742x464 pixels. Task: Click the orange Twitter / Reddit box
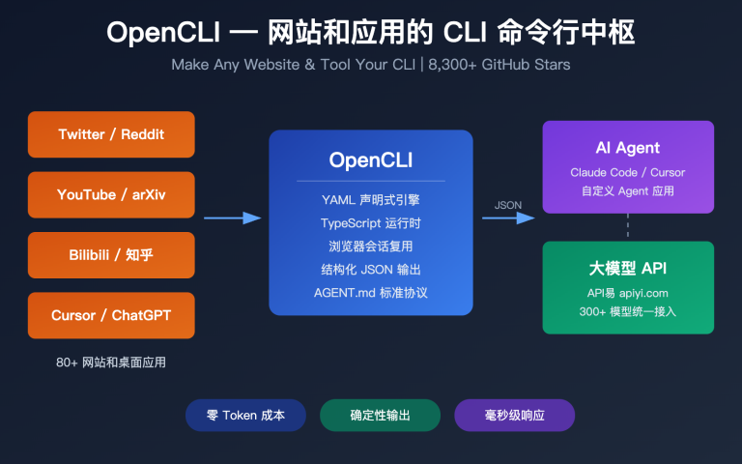[111, 134]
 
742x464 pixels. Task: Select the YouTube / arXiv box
[111, 194]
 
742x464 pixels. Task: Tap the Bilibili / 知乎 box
[111, 255]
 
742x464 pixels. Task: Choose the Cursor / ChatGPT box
[111, 315]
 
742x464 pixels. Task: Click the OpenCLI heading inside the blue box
[370, 159]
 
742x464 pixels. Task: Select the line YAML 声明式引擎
[370, 200]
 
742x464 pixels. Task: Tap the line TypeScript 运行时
[370, 223]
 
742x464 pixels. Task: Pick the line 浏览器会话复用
[370, 246]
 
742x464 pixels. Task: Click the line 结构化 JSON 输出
[370, 270]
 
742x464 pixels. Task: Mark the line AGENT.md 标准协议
[370, 293]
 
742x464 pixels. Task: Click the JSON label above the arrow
[507, 205]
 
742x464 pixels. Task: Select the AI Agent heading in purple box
[628, 148]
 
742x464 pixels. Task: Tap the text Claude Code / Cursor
[628, 172]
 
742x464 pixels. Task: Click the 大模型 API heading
[628, 268]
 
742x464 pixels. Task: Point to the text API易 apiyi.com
[628, 293]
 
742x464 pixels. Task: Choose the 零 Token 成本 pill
[245, 415]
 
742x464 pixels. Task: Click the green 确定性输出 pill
[380, 415]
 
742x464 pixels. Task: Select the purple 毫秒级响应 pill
[514, 415]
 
